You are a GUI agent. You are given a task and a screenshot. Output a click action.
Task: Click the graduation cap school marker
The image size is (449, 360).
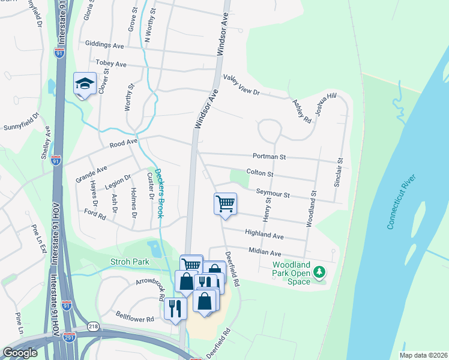[x=85, y=84]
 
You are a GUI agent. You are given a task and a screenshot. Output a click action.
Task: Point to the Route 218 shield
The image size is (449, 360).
[x=93, y=326]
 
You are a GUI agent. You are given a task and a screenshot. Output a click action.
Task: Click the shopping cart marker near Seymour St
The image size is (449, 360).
[x=225, y=203]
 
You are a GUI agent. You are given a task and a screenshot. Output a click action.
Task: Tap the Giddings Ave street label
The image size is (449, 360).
[x=104, y=46]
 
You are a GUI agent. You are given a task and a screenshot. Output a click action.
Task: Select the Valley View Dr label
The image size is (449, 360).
[x=241, y=85]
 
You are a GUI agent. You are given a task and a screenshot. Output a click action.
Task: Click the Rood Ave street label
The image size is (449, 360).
[x=124, y=143]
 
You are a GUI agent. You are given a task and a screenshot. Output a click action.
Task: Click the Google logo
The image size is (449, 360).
[x=20, y=353]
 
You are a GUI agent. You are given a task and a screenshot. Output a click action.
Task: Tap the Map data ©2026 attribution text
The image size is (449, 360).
[x=423, y=355]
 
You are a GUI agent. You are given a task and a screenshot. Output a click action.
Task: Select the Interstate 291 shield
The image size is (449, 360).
[x=70, y=338]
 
